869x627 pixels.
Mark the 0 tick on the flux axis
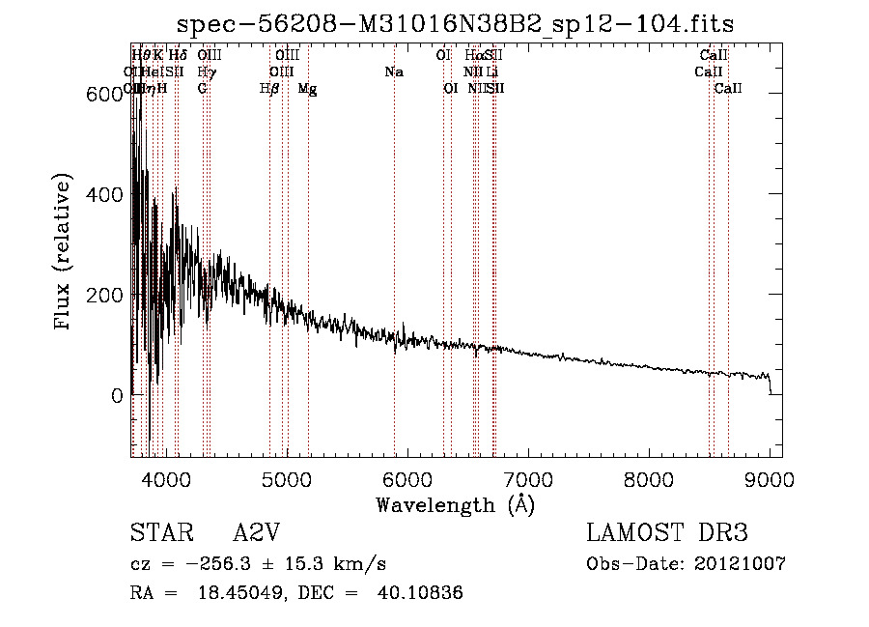[116, 395]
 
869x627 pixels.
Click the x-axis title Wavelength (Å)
[455, 504]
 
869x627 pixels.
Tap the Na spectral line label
[394, 72]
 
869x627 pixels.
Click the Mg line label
[307, 89]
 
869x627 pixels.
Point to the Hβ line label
[269, 89]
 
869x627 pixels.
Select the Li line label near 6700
[492, 72]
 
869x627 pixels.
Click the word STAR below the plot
[161, 533]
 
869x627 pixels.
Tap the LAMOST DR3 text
[666, 533]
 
